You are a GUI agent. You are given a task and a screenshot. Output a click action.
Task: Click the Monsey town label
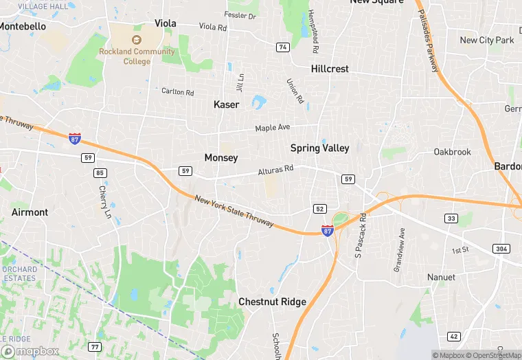pos(221,158)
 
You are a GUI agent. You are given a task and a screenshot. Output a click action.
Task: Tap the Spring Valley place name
pos(319,148)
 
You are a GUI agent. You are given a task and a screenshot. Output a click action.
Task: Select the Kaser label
pos(227,105)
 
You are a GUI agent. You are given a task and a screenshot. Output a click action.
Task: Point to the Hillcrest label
pos(330,69)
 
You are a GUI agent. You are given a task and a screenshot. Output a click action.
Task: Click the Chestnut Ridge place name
pos(272,302)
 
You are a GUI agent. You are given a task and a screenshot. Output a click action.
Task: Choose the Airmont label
pos(30,212)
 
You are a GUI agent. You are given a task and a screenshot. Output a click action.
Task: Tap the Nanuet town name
pos(440,277)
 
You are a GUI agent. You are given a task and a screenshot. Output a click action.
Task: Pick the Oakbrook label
pos(453,152)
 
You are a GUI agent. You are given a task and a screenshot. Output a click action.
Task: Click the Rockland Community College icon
pos(136,40)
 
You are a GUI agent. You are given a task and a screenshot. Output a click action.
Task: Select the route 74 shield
pos(282,47)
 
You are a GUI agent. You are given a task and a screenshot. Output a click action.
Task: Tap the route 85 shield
pos(101,172)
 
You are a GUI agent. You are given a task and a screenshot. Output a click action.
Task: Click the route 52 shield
pos(319,208)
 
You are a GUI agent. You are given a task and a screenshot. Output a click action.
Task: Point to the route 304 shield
pos(501,248)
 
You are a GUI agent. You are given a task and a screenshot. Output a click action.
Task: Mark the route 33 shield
pos(451,218)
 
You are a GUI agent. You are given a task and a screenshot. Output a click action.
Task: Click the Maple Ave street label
pos(273,128)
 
